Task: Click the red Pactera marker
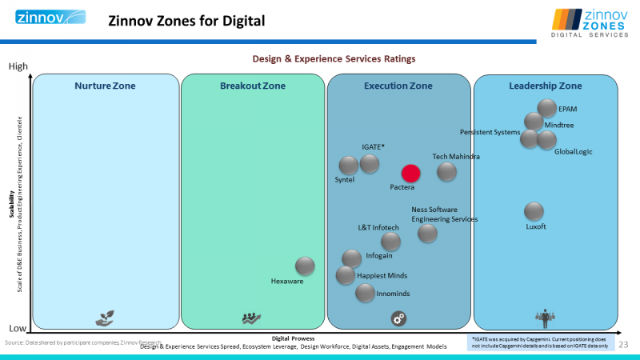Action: [x=410, y=173]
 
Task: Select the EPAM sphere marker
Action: [x=547, y=108]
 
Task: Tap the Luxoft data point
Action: [x=534, y=211]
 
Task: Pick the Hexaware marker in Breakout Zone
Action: [x=305, y=266]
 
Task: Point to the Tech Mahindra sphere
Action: [x=446, y=171]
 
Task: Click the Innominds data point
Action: [x=365, y=293]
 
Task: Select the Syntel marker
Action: [x=349, y=166]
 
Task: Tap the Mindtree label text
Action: [x=558, y=125]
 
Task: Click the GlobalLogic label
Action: [x=573, y=152]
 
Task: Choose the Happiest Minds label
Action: [x=382, y=276]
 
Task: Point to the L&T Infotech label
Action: [x=378, y=228]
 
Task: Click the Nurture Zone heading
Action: [x=105, y=86]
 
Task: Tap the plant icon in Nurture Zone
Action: [x=104, y=318]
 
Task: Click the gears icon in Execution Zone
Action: [x=398, y=318]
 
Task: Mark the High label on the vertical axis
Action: [x=18, y=67]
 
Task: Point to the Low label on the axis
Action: [x=18, y=329]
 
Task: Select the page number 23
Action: [x=623, y=344]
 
